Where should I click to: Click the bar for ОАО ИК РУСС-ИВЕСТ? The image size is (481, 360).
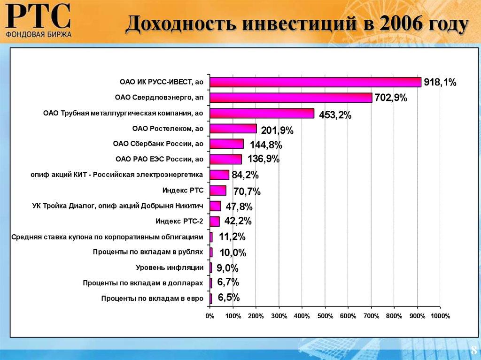(315, 82)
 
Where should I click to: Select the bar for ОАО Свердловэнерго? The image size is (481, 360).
(291, 98)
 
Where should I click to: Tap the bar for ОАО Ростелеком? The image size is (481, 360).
(233, 129)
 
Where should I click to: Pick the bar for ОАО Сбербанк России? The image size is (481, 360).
(226, 144)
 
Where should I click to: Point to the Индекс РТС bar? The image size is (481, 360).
(218, 191)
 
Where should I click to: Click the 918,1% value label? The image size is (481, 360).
(440, 83)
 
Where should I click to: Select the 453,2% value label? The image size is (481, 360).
(335, 115)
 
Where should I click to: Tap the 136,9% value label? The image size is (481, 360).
(264, 159)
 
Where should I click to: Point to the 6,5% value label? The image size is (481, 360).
(229, 297)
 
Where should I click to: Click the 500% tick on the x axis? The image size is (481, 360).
(325, 316)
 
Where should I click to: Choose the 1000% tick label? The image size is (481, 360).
(440, 316)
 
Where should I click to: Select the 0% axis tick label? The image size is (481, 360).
(209, 316)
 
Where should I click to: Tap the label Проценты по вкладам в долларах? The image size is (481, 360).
(143, 283)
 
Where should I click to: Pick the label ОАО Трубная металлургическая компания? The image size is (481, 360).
(123, 113)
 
